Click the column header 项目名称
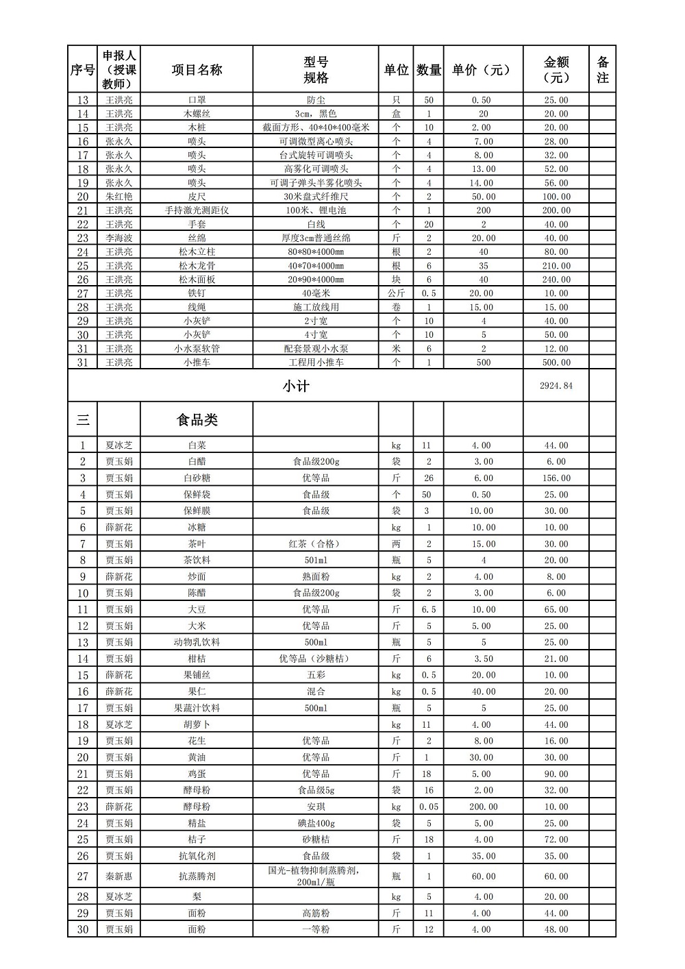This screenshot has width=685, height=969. [197, 70]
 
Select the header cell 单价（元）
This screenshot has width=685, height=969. [482, 70]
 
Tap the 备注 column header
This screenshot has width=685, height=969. [602, 70]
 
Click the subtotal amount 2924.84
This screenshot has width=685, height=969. [556, 386]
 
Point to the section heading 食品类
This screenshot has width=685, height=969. [197, 419]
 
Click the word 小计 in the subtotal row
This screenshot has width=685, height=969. [296, 386]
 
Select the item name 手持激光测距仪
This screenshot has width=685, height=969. [197, 210]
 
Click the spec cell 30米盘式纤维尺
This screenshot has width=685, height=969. [316, 197]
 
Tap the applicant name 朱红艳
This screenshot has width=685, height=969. [119, 197]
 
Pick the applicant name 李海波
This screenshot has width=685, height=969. [119, 238]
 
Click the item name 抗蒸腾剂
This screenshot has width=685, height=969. [197, 876]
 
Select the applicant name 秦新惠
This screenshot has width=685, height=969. [119, 876]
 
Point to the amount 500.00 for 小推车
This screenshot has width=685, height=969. [556, 362]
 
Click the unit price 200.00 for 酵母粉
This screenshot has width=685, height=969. [483, 807]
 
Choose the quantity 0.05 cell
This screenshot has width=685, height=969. [429, 807]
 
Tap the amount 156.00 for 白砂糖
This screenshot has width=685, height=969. [556, 478]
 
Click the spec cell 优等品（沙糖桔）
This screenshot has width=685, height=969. [316, 659]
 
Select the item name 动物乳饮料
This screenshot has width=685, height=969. [197, 642]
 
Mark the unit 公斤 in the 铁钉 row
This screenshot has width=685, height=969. [396, 293]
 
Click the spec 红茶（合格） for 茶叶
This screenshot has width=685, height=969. [316, 544]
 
